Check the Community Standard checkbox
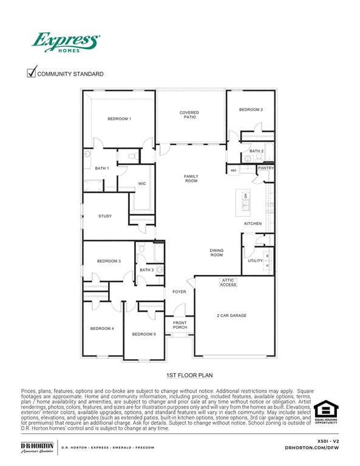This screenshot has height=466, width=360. point(32,73)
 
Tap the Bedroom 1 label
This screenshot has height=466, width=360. point(120,119)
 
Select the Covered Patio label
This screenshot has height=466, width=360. point(189,115)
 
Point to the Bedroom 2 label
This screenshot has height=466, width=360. point(251,110)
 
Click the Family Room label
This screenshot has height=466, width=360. point(191,179)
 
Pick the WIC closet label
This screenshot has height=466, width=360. point(142,183)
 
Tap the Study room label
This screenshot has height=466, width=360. point(105,216)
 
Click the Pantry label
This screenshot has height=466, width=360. point(266,168)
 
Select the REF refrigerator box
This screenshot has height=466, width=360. point(233,171)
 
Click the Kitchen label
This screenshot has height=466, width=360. point(253,223)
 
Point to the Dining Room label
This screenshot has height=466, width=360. point(216,252)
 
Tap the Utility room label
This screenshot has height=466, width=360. point(255,261)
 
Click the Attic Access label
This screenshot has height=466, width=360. point(228,282)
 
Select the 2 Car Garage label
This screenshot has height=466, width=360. point(232,316)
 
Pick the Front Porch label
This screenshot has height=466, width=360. point(180,325)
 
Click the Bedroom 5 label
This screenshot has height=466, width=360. point(144,334)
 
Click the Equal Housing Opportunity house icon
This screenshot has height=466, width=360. point(325,410)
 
